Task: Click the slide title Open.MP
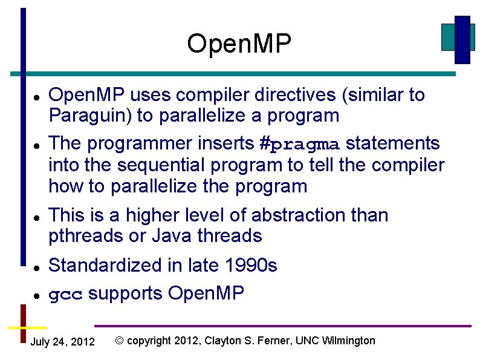(x=239, y=44)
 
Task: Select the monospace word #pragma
(x=300, y=145)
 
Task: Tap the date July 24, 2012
(x=62, y=342)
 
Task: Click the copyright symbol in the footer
(x=119, y=341)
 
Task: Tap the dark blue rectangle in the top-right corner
(x=462, y=39)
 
